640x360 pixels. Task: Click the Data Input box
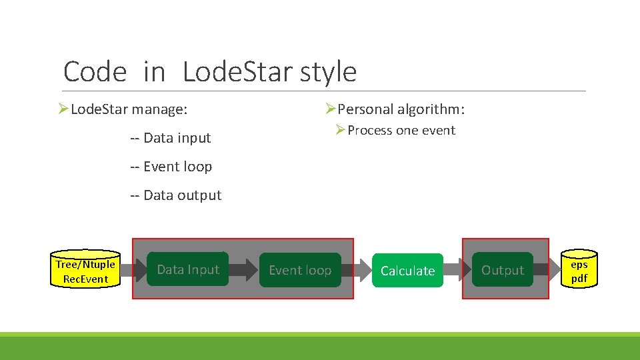(x=187, y=269)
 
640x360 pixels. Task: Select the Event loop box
(x=300, y=270)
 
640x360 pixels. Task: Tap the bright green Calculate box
(x=407, y=271)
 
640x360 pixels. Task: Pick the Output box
(x=503, y=270)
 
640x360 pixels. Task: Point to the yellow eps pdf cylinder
(x=579, y=271)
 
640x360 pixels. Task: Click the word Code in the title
(x=95, y=72)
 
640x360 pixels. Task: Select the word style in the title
(x=328, y=72)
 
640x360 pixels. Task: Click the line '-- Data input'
(x=170, y=138)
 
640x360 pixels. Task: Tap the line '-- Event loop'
(x=171, y=167)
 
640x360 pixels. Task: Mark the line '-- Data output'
(x=175, y=195)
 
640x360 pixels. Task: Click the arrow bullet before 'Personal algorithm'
(x=330, y=109)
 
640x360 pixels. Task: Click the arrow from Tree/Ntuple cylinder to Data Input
(x=135, y=270)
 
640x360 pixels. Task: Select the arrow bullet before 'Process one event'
(x=341, y=130)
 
